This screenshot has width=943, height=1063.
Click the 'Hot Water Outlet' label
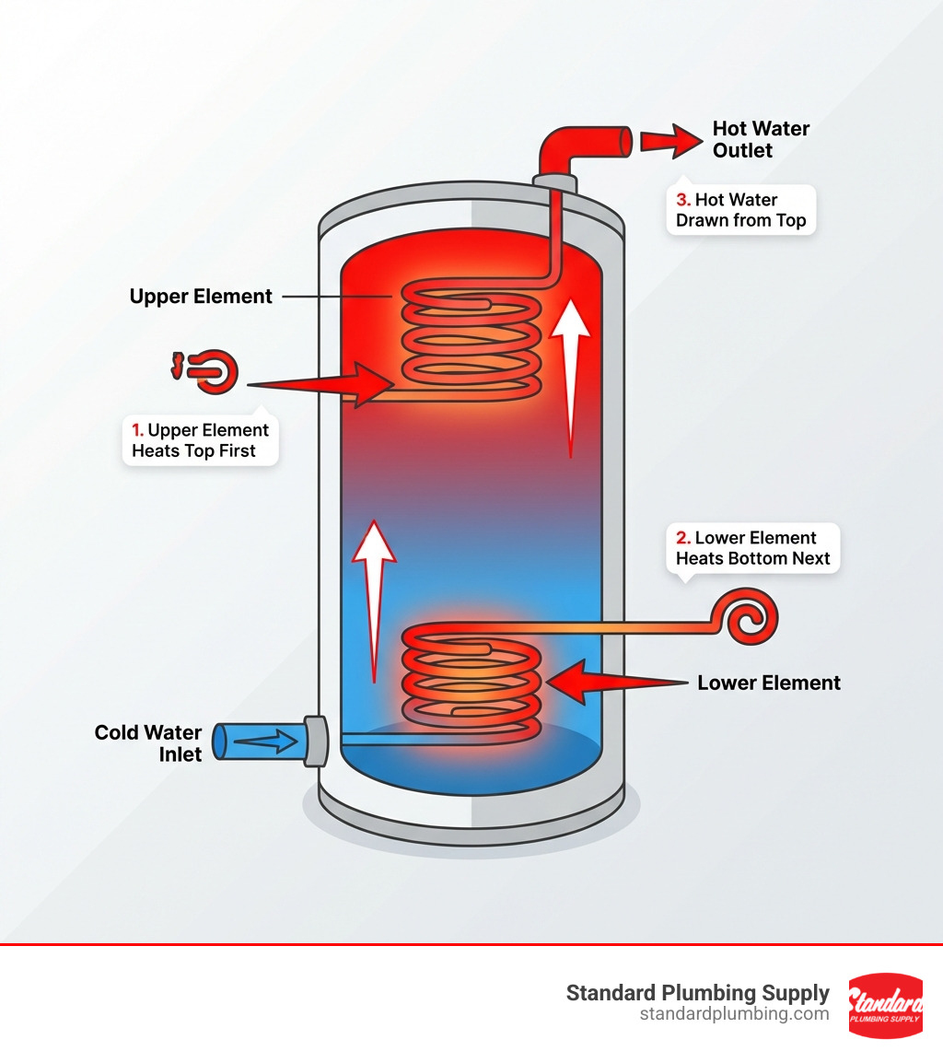(x=760, y=139)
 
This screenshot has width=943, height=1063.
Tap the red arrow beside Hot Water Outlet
(x=670, y=141)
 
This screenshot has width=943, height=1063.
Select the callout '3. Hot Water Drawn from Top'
(x=740, y=210)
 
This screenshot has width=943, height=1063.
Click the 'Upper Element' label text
(x=201, y=297)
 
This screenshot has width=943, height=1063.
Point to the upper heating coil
(x=470, y=341)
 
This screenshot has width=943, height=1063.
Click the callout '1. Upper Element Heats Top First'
(x=200, y=440)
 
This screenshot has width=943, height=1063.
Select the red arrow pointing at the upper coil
(x=322, y=383)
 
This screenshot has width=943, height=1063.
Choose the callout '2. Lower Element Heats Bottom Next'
(x=752, y=548)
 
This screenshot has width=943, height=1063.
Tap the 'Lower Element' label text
(x=768, y=683)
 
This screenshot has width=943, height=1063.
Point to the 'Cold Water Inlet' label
(x=148, y=743)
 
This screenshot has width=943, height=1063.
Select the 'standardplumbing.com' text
(x=734, y=1014)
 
